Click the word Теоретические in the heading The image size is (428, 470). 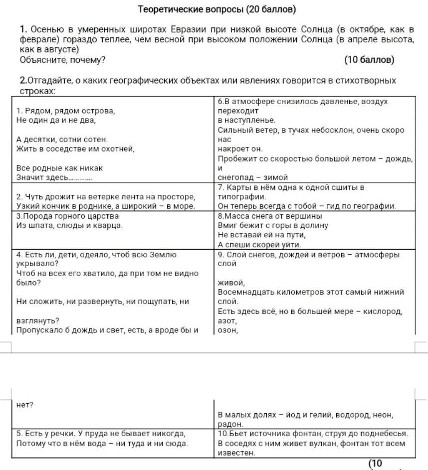167,9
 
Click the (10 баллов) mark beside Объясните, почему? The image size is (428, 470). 369,60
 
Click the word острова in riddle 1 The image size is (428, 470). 97,111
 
